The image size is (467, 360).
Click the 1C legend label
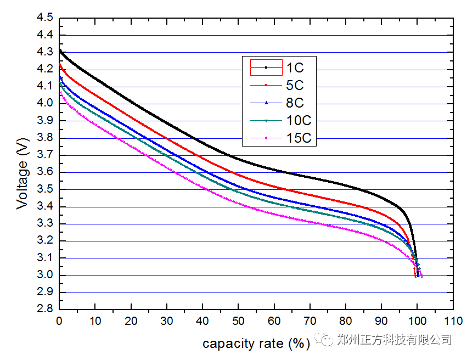[x=294, y=68]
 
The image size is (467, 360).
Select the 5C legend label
[x=294, y=86]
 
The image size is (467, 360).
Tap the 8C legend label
[x=294, y=103]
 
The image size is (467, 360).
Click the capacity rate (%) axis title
[x=256, y=344]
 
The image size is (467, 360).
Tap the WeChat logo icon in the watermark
[x=327, y=340]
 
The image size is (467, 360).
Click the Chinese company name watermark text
[x=394, y=340]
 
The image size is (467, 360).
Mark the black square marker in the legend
[x=266, y=67]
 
